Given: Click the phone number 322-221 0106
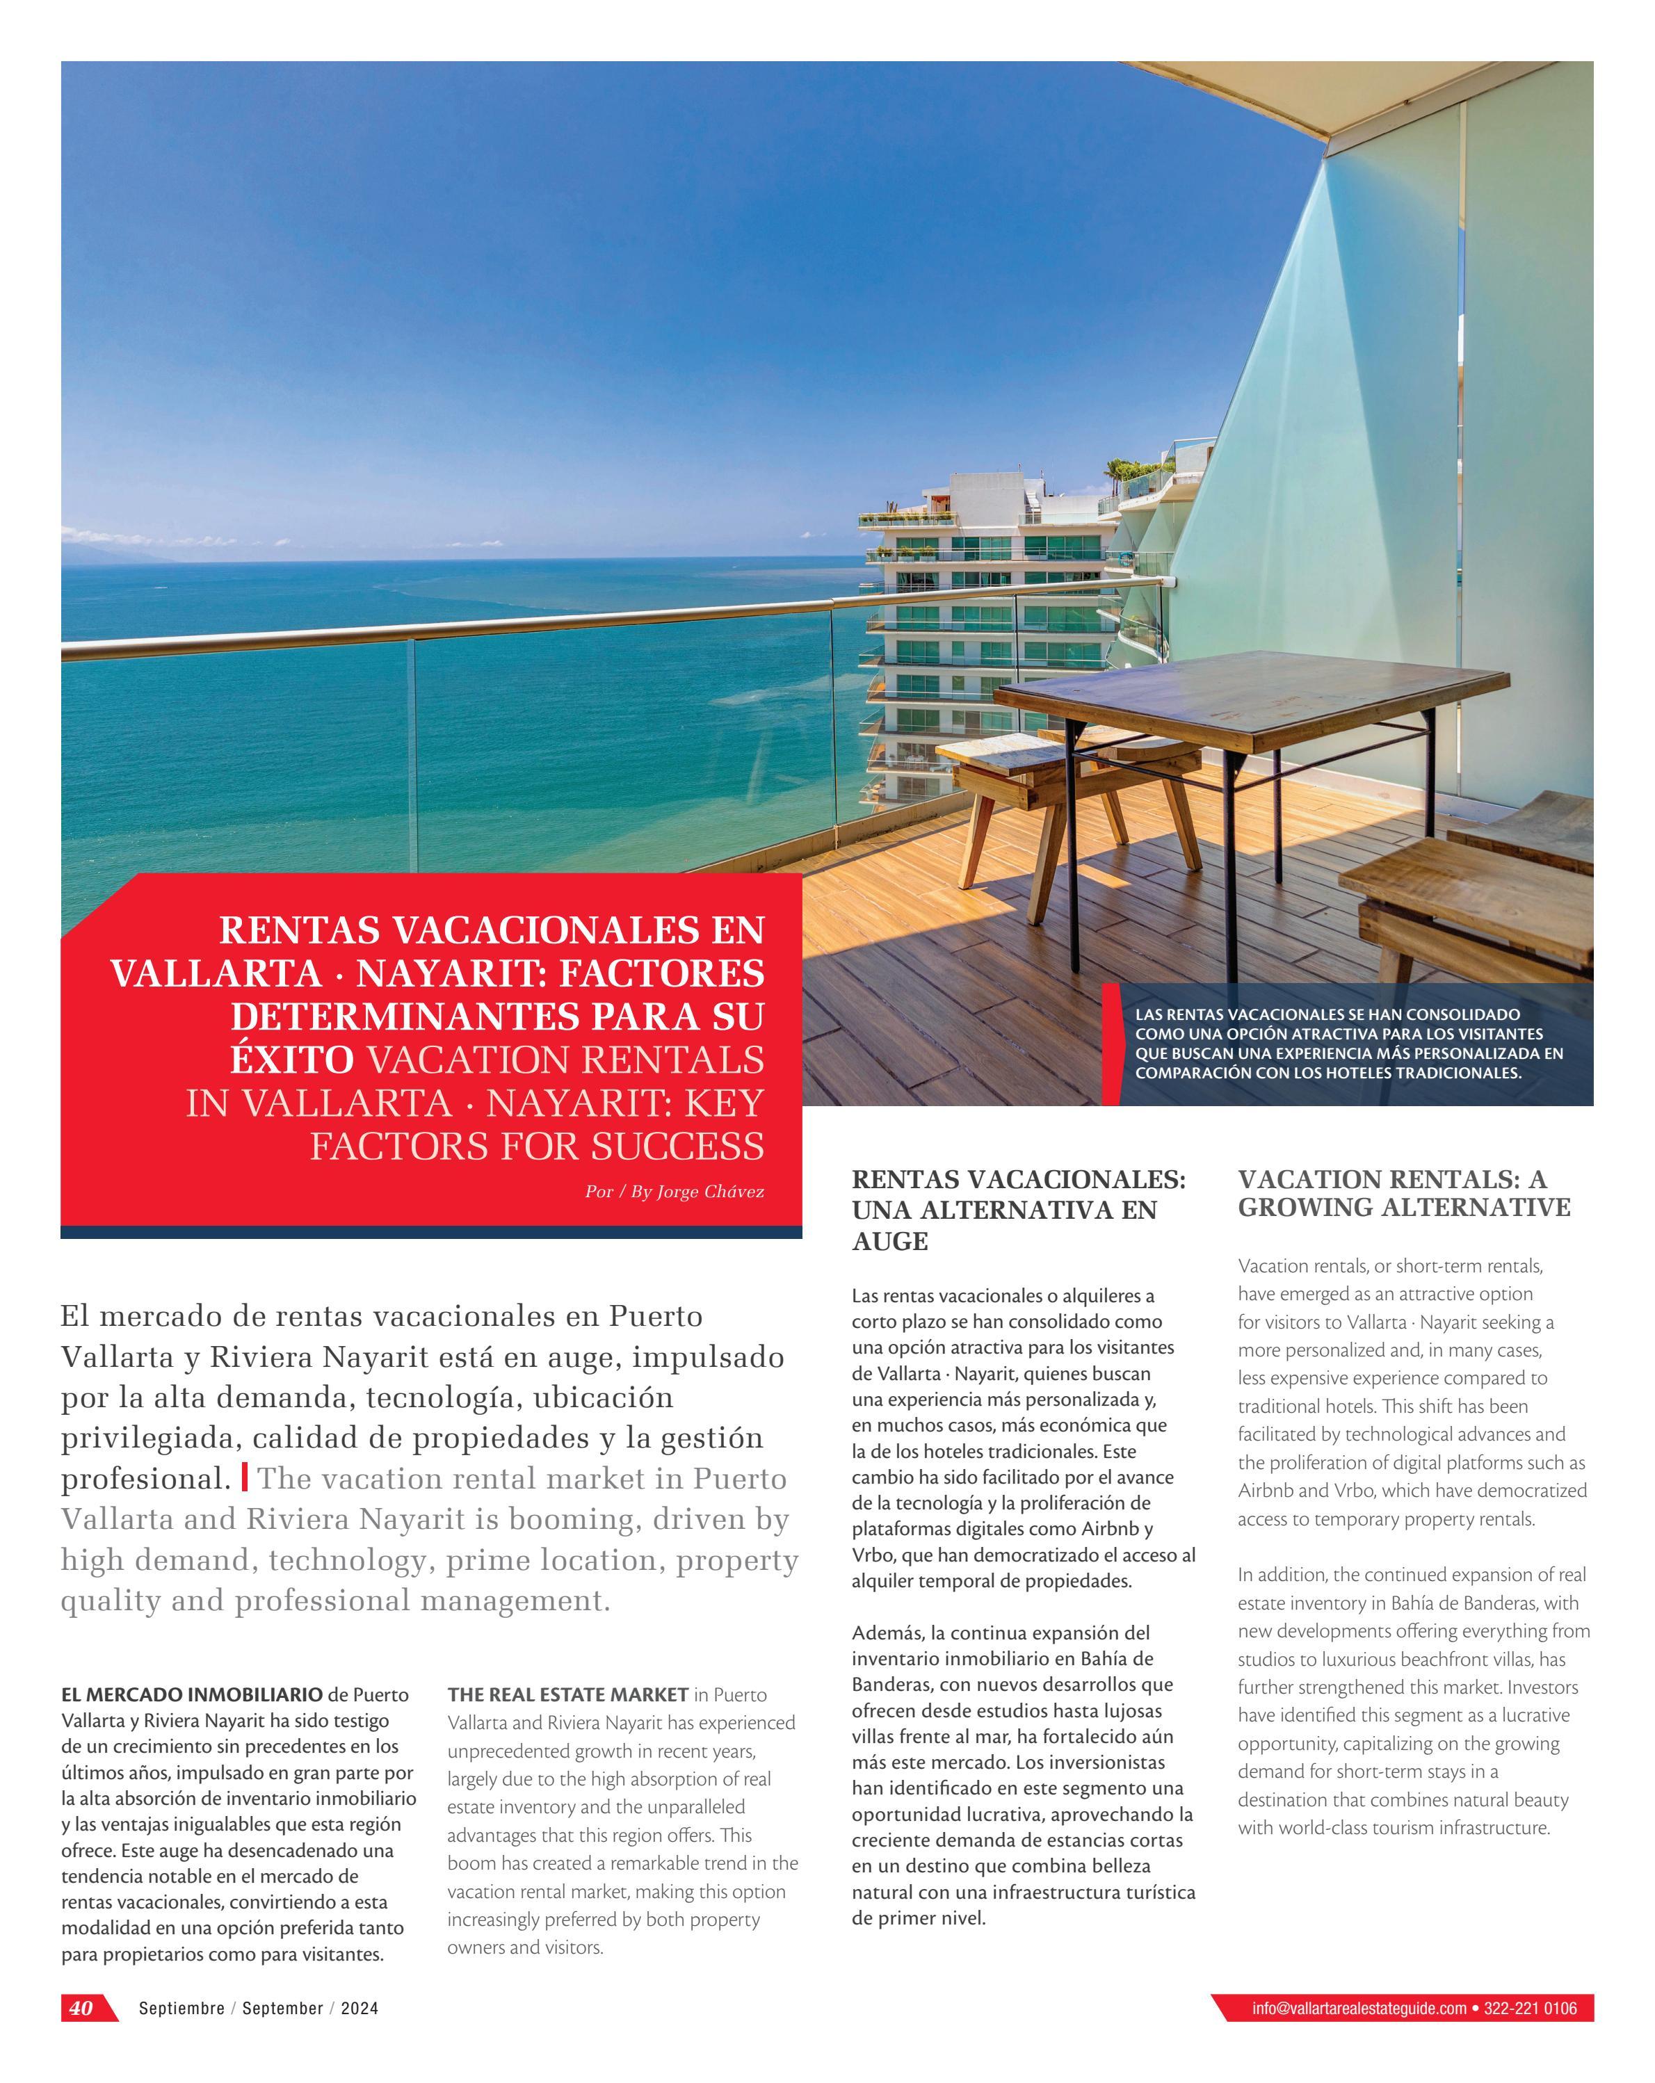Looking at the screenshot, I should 1531,2009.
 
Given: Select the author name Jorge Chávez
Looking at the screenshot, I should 710,1191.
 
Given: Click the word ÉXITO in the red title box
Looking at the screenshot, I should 292,1060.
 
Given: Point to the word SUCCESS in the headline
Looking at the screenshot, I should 677,1146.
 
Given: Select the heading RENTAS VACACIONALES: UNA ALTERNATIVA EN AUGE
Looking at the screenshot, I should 1018,1210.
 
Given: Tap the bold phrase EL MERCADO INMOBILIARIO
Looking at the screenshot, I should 191,1694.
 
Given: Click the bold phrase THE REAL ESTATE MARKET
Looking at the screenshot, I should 567,1694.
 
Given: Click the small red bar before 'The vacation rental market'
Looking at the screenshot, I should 245,1477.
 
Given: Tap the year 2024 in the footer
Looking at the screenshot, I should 360,2009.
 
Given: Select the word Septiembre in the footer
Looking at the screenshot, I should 181,2009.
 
